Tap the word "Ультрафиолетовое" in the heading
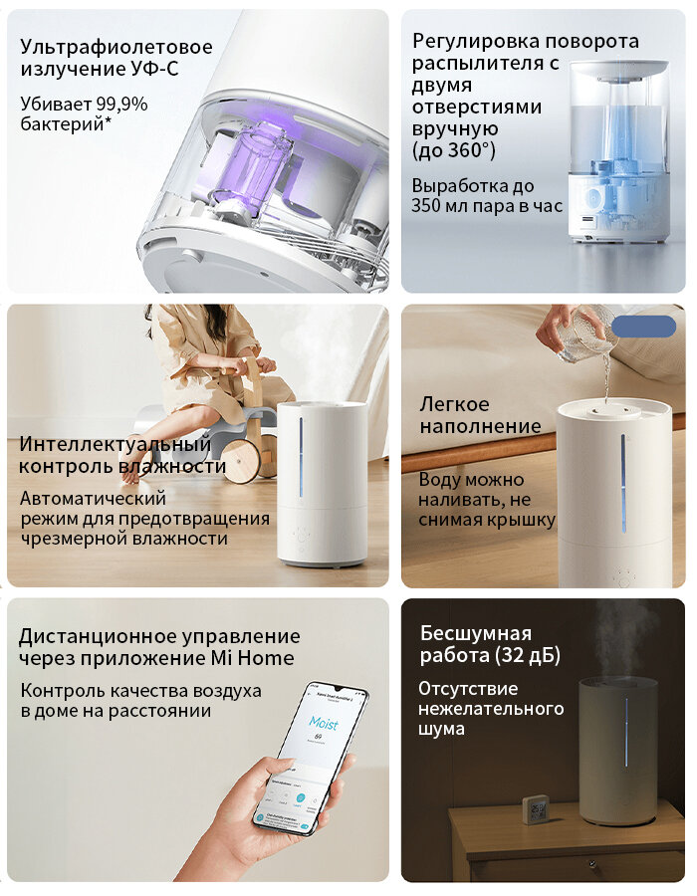pyautogui.click(x=116, y=47)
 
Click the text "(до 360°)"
pyautogui.click(x=453, y=150)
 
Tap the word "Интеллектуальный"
pyautogui.click(x=115, y=443)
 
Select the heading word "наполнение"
pyautogui.click(x=480, y=426)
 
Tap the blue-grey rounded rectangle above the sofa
pyautogui.click(x=643, y=327)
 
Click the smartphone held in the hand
pyautogui.click(x=309, y=757)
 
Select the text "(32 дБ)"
pyautogui.click(x=527, y=656)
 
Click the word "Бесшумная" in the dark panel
pyautogui.click(x=476, y=633)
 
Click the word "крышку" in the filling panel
pyautogui.click(x=523, y=520)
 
